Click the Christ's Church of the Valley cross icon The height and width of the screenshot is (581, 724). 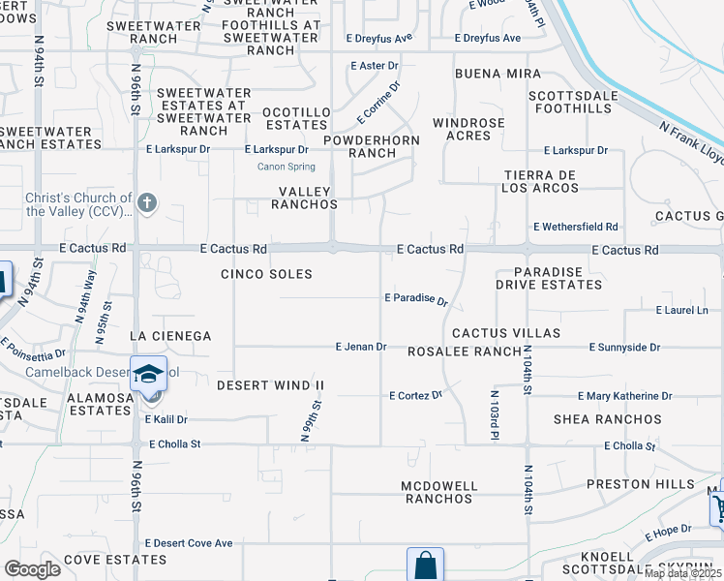click(147, 202)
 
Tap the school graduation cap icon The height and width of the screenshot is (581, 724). click(148, 374)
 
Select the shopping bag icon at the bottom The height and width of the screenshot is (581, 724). click(425, 564)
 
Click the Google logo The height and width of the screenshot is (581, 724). click(32, 569)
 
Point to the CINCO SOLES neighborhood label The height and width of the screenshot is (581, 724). click(266, 274)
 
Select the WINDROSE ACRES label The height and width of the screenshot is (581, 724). click(468, 129)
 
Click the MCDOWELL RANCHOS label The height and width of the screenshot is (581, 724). click(437, 492)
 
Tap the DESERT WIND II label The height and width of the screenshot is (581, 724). click(270, 385)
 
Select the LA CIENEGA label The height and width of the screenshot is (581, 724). click(170, 336)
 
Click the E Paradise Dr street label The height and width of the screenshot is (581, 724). click(416, 299)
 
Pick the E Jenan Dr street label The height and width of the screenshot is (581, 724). click(361, 346)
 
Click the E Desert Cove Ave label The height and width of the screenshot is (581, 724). click(189, 543)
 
